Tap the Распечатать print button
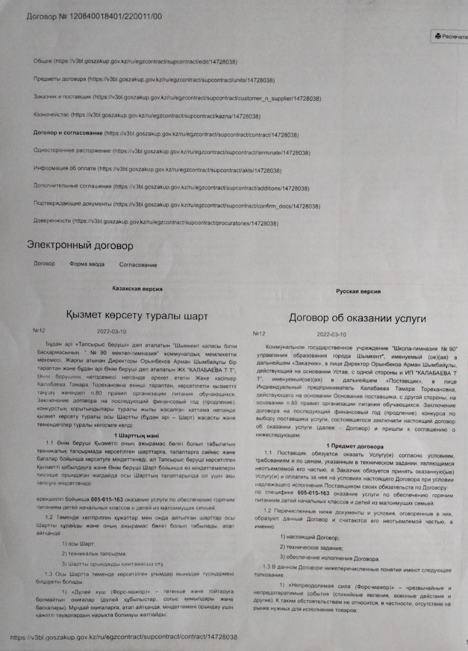tap(450, 37)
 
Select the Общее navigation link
tap(43, 62)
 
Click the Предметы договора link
tap(59, 80)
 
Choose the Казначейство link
tap(50, 116)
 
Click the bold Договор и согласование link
tap(67, 134)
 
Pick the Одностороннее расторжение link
tap(72, 152)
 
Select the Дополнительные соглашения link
tap(72, 188)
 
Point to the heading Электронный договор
tap(80, 246)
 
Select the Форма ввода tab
tap(87, 264)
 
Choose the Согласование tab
tap(138, 264)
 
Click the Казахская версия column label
tap(137, 288)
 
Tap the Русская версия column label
tap(358, 291)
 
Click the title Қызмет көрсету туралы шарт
tap(137, 316)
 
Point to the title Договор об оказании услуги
tap(357, 319)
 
